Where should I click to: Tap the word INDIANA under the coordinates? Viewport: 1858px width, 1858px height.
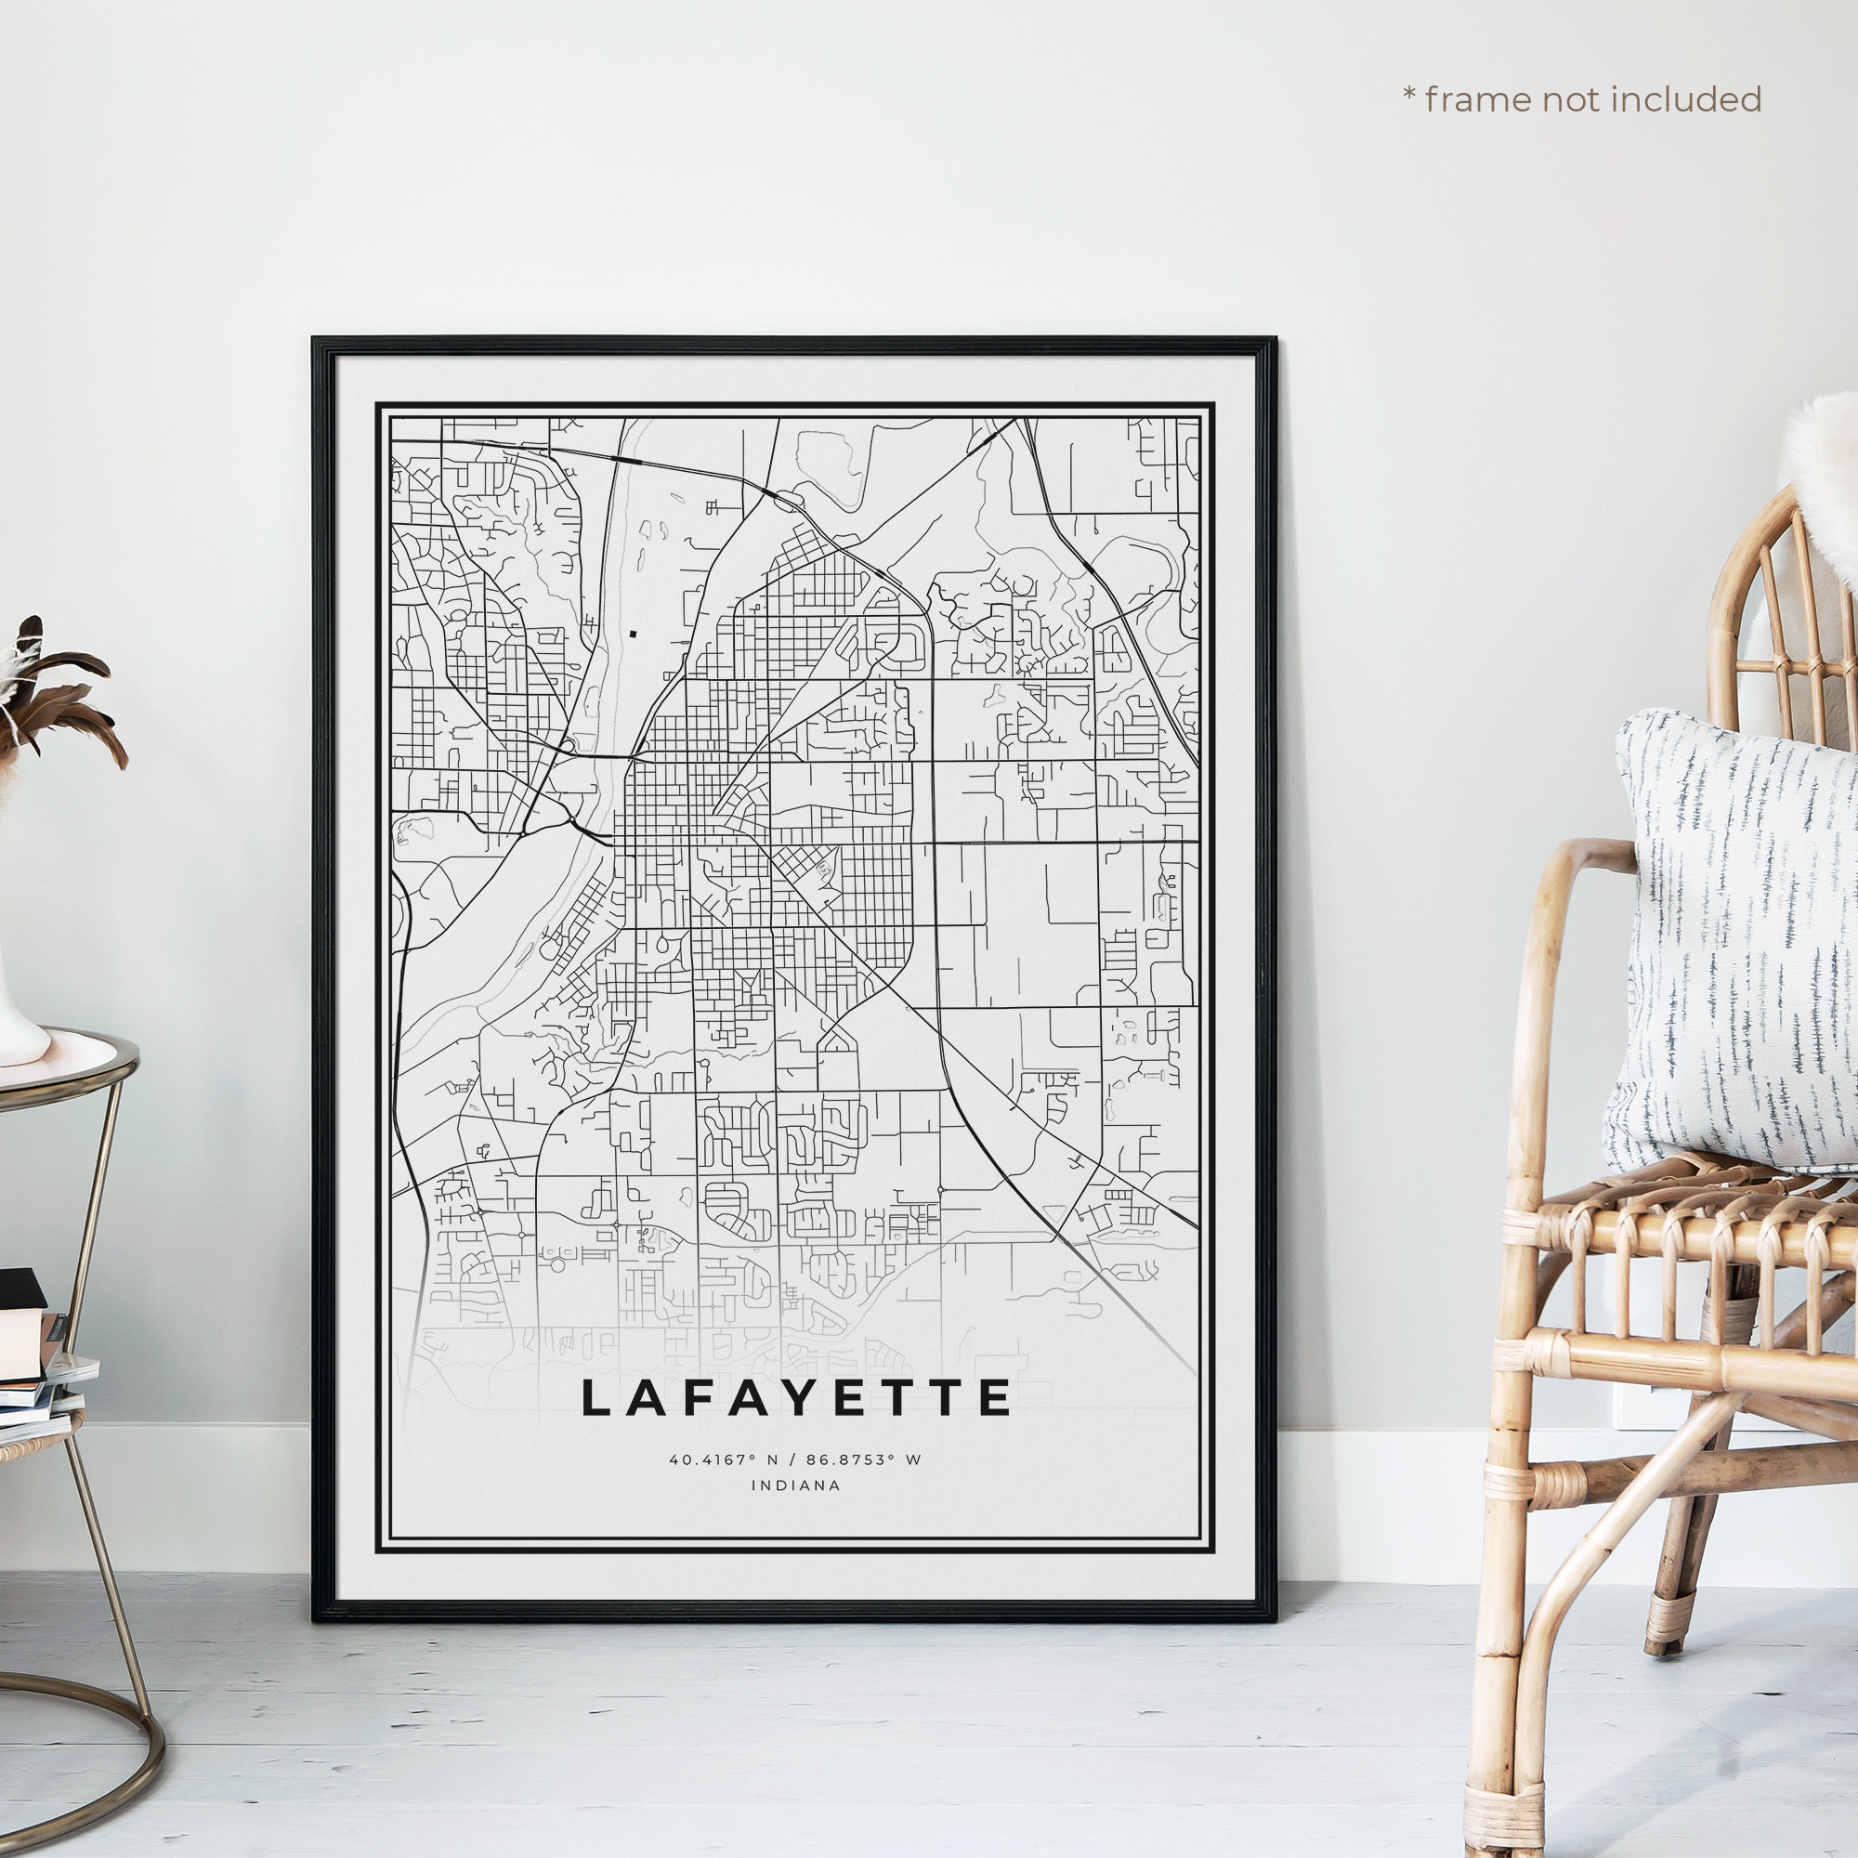tap(795, 1485)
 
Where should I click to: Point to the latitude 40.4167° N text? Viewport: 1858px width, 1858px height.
tap(727, 1459)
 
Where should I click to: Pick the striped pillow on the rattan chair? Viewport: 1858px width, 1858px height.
tap(1731, 942)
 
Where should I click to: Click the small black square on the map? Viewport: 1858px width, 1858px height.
tap(634, 634)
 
